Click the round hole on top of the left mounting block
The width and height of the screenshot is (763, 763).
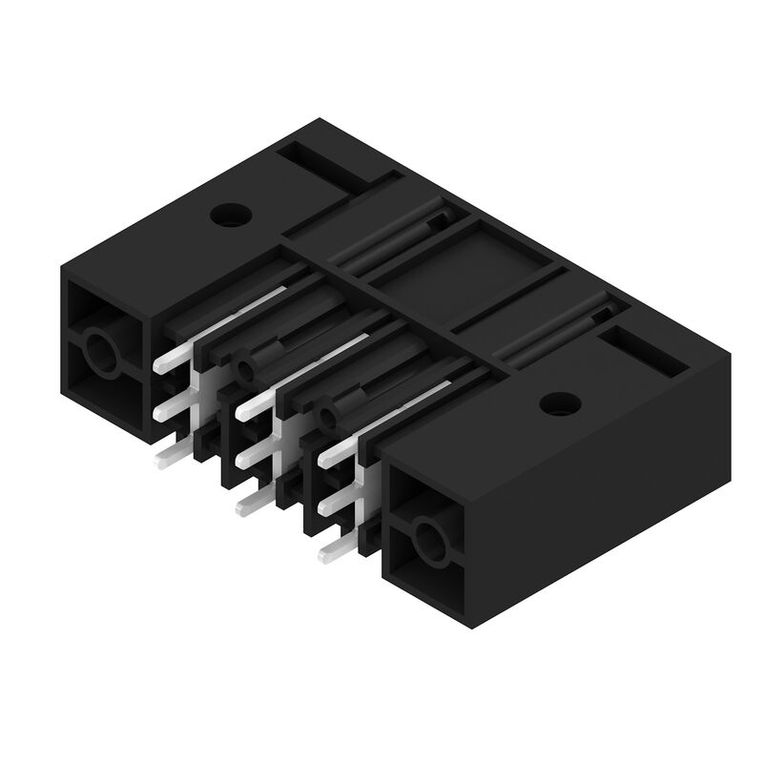pos(229,216)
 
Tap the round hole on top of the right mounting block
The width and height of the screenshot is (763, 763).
pos(560,403)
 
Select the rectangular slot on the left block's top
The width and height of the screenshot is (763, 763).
pos(328,167)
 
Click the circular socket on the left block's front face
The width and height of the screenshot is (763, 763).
pos(100,355)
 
